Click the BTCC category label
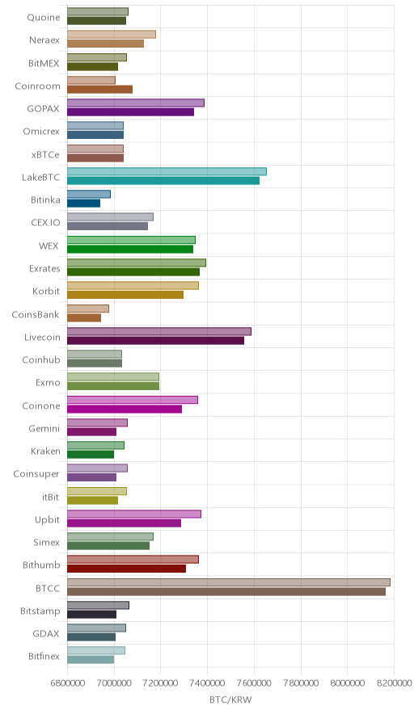(x=48, y=588)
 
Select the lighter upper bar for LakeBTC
(x=167, y=171)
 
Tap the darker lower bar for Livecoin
(x=155, y=341)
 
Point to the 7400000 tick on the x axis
(x=208, y=683)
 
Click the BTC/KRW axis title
(x=230, y=699)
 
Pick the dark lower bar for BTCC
(x=226, y=591)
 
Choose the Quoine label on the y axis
(x=44, y=17)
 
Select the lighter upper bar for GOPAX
(x=136, y=103)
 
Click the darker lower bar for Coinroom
(x=99, y=89)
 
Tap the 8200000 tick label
(x=394, y=683)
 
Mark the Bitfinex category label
(x=44, y=656)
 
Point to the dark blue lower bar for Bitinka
(x=83, y=203)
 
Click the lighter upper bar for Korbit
(x=133, y=285)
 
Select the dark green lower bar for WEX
(x=130, y=249)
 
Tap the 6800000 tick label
(x=67, y=683)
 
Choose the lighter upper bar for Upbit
(x=134, y=514)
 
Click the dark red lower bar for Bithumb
(x=126, y=569)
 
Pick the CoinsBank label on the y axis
(x=36, y=314)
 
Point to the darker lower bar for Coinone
(x=125, y=409)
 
